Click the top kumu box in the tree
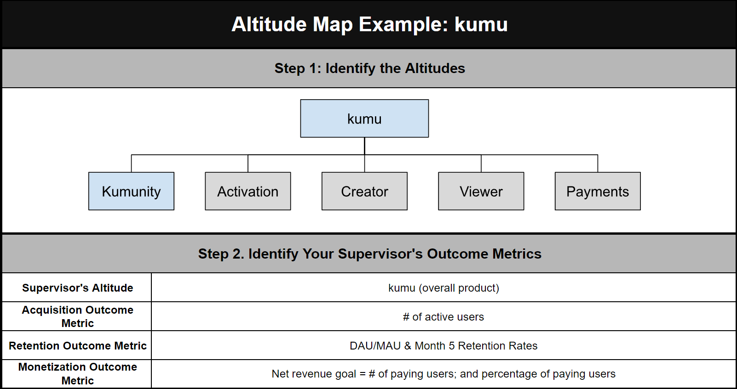(x=364, y=118)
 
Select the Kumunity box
(x=131, y=191)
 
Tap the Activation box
(x=248, y=191)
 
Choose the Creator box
(x=364, y=191)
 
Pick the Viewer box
(x=481, y=191)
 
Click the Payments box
(x=598, y=191)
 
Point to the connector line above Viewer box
(x=481, y=163)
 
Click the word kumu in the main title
(x=481, y=24)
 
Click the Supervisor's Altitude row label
(x=77, y=288)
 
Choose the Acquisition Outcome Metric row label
(x=77, y=316)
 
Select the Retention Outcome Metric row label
(x=77, y=346)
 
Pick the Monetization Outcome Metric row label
(x=77, y=374)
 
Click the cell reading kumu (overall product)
(x=443, y=288)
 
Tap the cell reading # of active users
(x=443, y=317)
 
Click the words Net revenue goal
(x=314, y=374)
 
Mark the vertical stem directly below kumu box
(x=364, y=146)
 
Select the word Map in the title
(x=333, y=24)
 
